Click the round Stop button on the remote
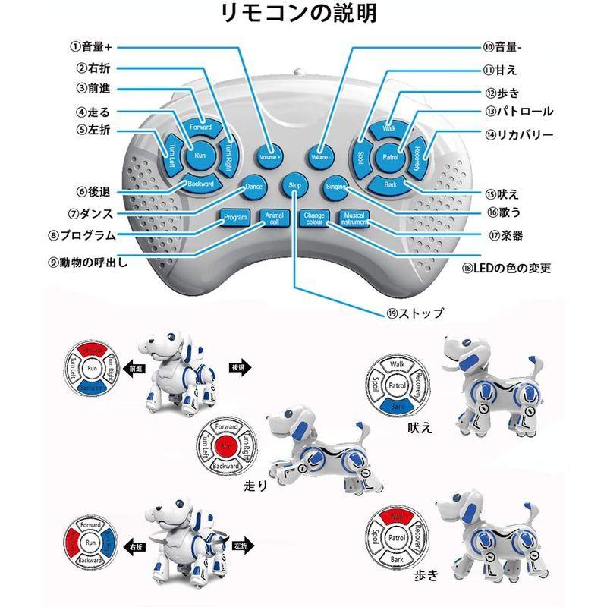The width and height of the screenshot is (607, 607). pyautogui.click(x=294, y=186)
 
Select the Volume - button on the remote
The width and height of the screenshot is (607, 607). pyautogui.click(x=322, y=156)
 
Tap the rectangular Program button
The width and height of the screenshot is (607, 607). pyautogui.click(x=234, y=218)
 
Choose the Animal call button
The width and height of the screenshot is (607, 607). pyautogui.click(x=273, y=218)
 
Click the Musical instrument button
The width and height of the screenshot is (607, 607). pyautogui.click(x=354, y=219)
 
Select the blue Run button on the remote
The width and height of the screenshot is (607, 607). pyautogui.click(x=200, y=156)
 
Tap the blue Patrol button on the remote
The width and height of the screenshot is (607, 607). pyautogui.click(x=391, y=157)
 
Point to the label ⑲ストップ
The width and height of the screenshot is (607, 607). pyautogui.click(x=415, y=313)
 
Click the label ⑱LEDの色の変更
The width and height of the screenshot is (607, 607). pyautogui.click(x=506, y=268)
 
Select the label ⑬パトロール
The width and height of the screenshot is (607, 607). pyautogui.click(x=519, y=112)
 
